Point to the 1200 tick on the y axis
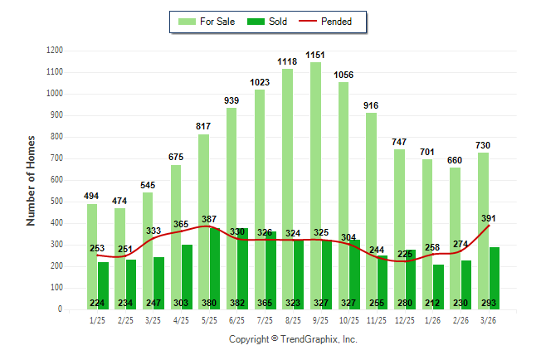pos(55,51)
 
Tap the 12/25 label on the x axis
pos(405,320)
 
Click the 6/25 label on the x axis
pos(237,320)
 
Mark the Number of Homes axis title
pos(31,180)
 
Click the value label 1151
pos(315,55)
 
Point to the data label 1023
pos(260,82)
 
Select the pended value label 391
pos(489,219)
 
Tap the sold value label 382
pos(237,304)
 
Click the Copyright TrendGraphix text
pos(293,339)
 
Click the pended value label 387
pos(209,219)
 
